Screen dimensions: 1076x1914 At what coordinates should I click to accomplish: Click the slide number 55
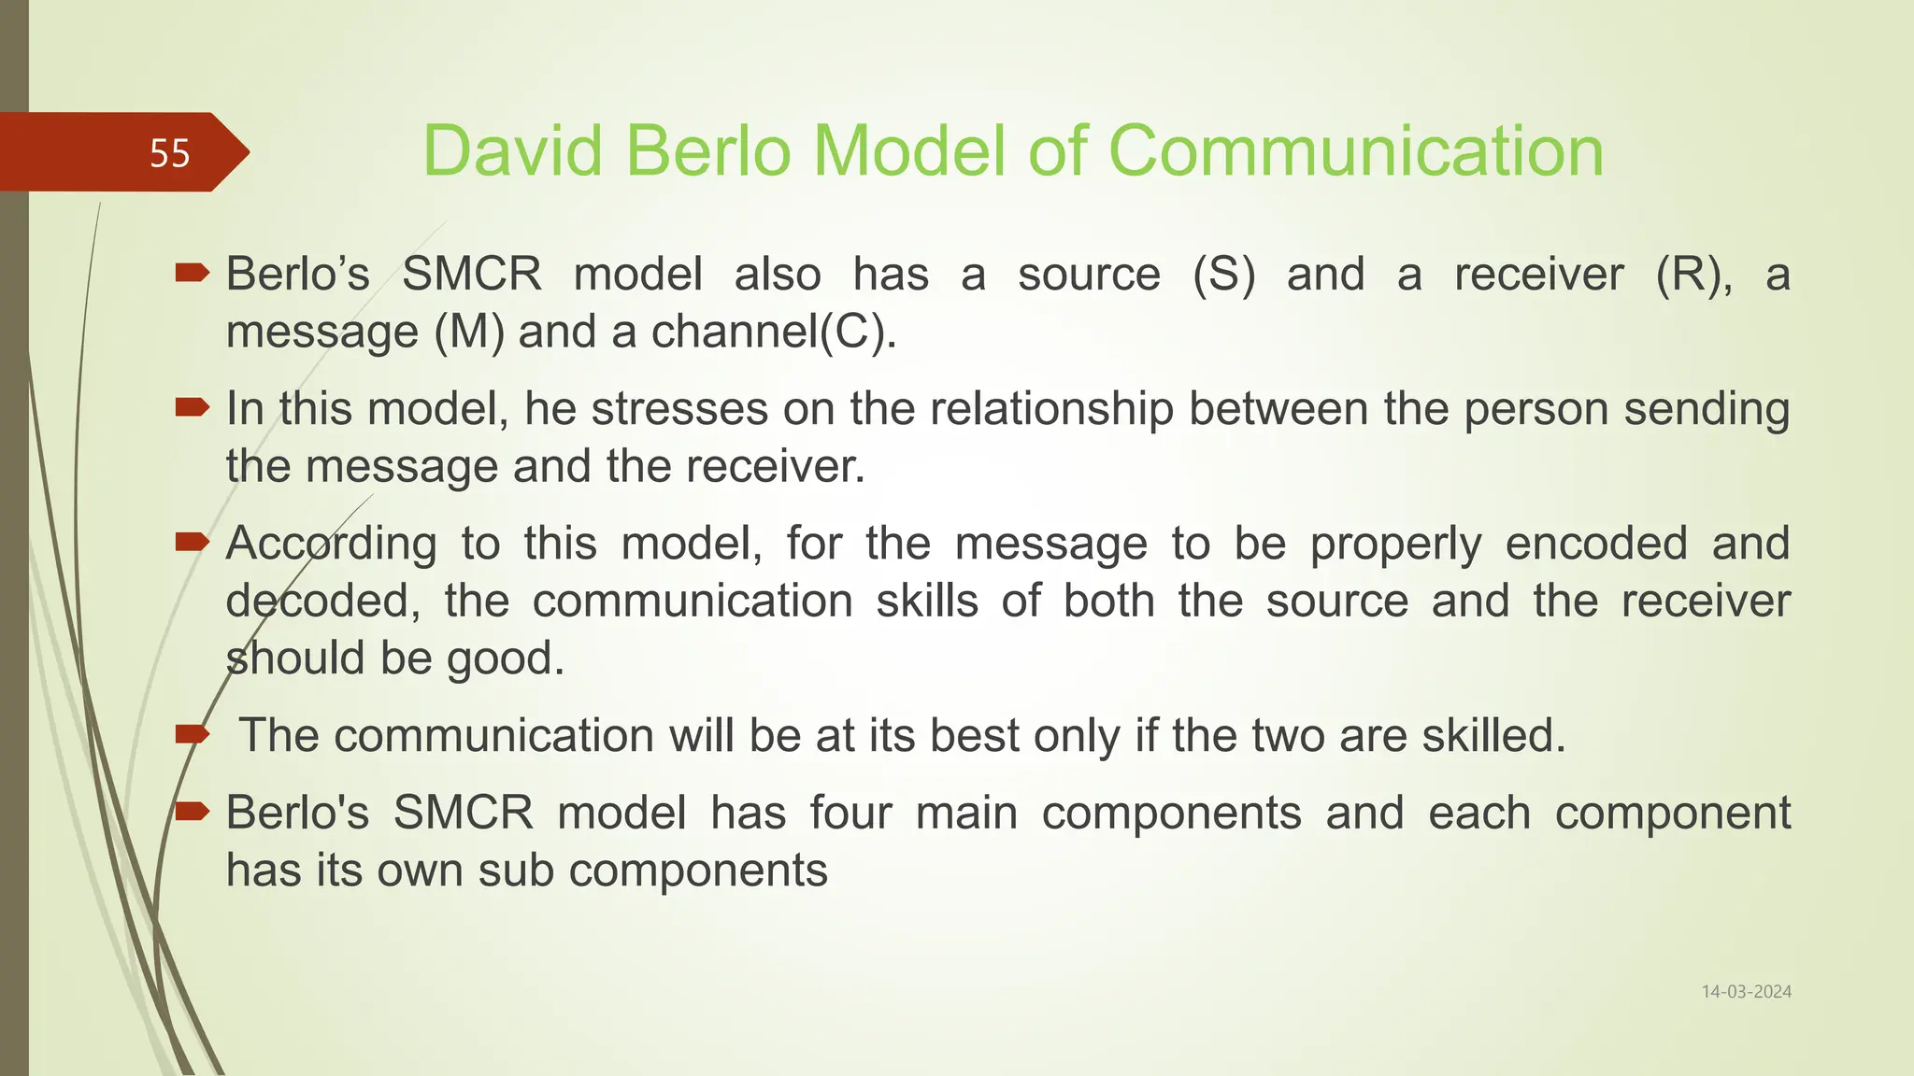[x=169, y=153]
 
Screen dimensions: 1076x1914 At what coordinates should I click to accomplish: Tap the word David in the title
[x=512, y=151]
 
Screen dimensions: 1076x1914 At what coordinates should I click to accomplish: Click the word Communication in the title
[x=1355, y=151]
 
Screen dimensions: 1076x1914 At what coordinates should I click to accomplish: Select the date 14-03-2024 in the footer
[x=1746, y=992]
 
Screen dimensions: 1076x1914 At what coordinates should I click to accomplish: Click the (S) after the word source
[x=1223, y=276]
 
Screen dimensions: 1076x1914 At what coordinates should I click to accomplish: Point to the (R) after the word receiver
[x=1693, y=276]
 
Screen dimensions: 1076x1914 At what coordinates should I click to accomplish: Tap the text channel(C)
[x=774, y=333]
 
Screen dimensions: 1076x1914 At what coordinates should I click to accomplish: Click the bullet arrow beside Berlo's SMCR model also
[x=192, y=273]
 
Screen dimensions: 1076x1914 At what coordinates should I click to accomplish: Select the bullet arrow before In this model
[x=192, y=407]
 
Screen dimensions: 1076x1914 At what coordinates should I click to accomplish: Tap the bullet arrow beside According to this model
[x=192, y=542]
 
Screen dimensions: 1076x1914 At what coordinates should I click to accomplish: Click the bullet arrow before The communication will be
[x=192, y=734]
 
